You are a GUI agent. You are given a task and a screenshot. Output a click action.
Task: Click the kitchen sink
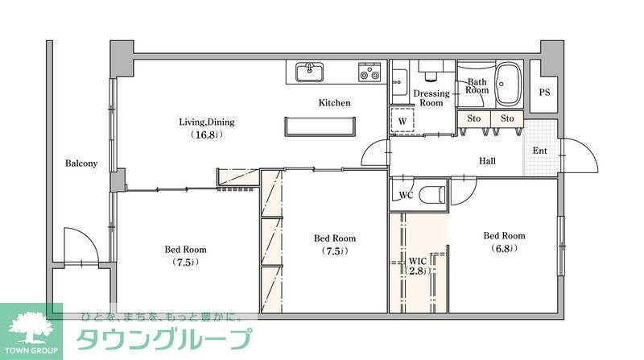pos(310,72)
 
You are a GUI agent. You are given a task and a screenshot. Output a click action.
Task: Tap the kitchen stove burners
pos(369,72)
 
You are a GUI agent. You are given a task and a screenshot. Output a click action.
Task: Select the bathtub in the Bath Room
pos(508,85)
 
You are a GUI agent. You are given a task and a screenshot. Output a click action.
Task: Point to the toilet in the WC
pos(432,194)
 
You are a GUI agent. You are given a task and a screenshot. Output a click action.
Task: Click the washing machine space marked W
pos(402,121)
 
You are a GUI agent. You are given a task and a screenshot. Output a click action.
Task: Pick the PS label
pos(545,93)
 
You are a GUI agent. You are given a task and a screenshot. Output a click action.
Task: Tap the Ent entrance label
pos(539,151)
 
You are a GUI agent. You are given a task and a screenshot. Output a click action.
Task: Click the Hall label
pos(488,161)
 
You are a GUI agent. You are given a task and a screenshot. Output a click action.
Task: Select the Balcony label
pos(81,163)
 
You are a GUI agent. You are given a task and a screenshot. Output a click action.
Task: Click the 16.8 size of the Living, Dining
pos(207,134)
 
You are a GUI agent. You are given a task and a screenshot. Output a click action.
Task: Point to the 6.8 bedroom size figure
pos(504,248)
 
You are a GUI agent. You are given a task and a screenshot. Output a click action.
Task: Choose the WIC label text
pos(417,262)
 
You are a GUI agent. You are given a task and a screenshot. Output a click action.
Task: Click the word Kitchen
pos(335,103)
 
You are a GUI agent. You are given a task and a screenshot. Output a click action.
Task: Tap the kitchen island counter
pos(320,126)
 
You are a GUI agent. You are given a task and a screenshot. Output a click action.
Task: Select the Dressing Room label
pos(431,98)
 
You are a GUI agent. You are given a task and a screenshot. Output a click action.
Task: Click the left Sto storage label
pos(474,118)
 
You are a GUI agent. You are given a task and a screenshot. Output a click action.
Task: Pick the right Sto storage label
pos(507,118)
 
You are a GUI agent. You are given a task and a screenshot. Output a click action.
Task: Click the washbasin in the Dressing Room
pos(398,82)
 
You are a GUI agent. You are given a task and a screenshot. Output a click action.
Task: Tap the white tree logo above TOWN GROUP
pos(31,328)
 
